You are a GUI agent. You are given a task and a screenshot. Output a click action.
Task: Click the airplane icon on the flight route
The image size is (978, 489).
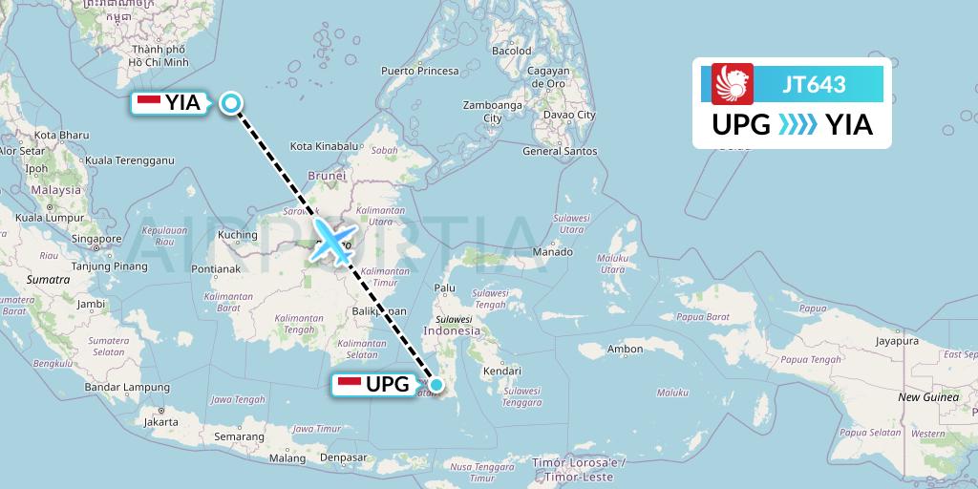(x=333, y=242)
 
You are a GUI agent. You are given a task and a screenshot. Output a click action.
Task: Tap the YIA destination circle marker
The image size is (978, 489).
(x=231, y=103)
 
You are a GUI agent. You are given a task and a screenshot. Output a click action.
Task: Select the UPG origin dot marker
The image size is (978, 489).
(x=436, y=385)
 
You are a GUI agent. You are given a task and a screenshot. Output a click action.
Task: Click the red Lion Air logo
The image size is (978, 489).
(x=733, y=83)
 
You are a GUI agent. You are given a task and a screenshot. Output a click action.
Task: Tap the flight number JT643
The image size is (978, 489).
(x=814, y=84)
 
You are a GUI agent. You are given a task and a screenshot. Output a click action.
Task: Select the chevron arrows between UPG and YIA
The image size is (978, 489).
(x=797, y=125)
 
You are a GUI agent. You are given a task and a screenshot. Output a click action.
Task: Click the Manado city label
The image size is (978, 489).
(x=552, y=252)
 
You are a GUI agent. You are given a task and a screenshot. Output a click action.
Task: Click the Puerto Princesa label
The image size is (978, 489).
(x=419, y=71)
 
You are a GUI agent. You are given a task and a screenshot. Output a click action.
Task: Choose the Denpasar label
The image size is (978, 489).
(x=343, y=457)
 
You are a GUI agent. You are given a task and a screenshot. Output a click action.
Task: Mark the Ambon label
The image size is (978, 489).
(x=625, y=350)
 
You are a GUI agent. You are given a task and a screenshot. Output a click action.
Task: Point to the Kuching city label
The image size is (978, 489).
(x=238, y=235)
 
